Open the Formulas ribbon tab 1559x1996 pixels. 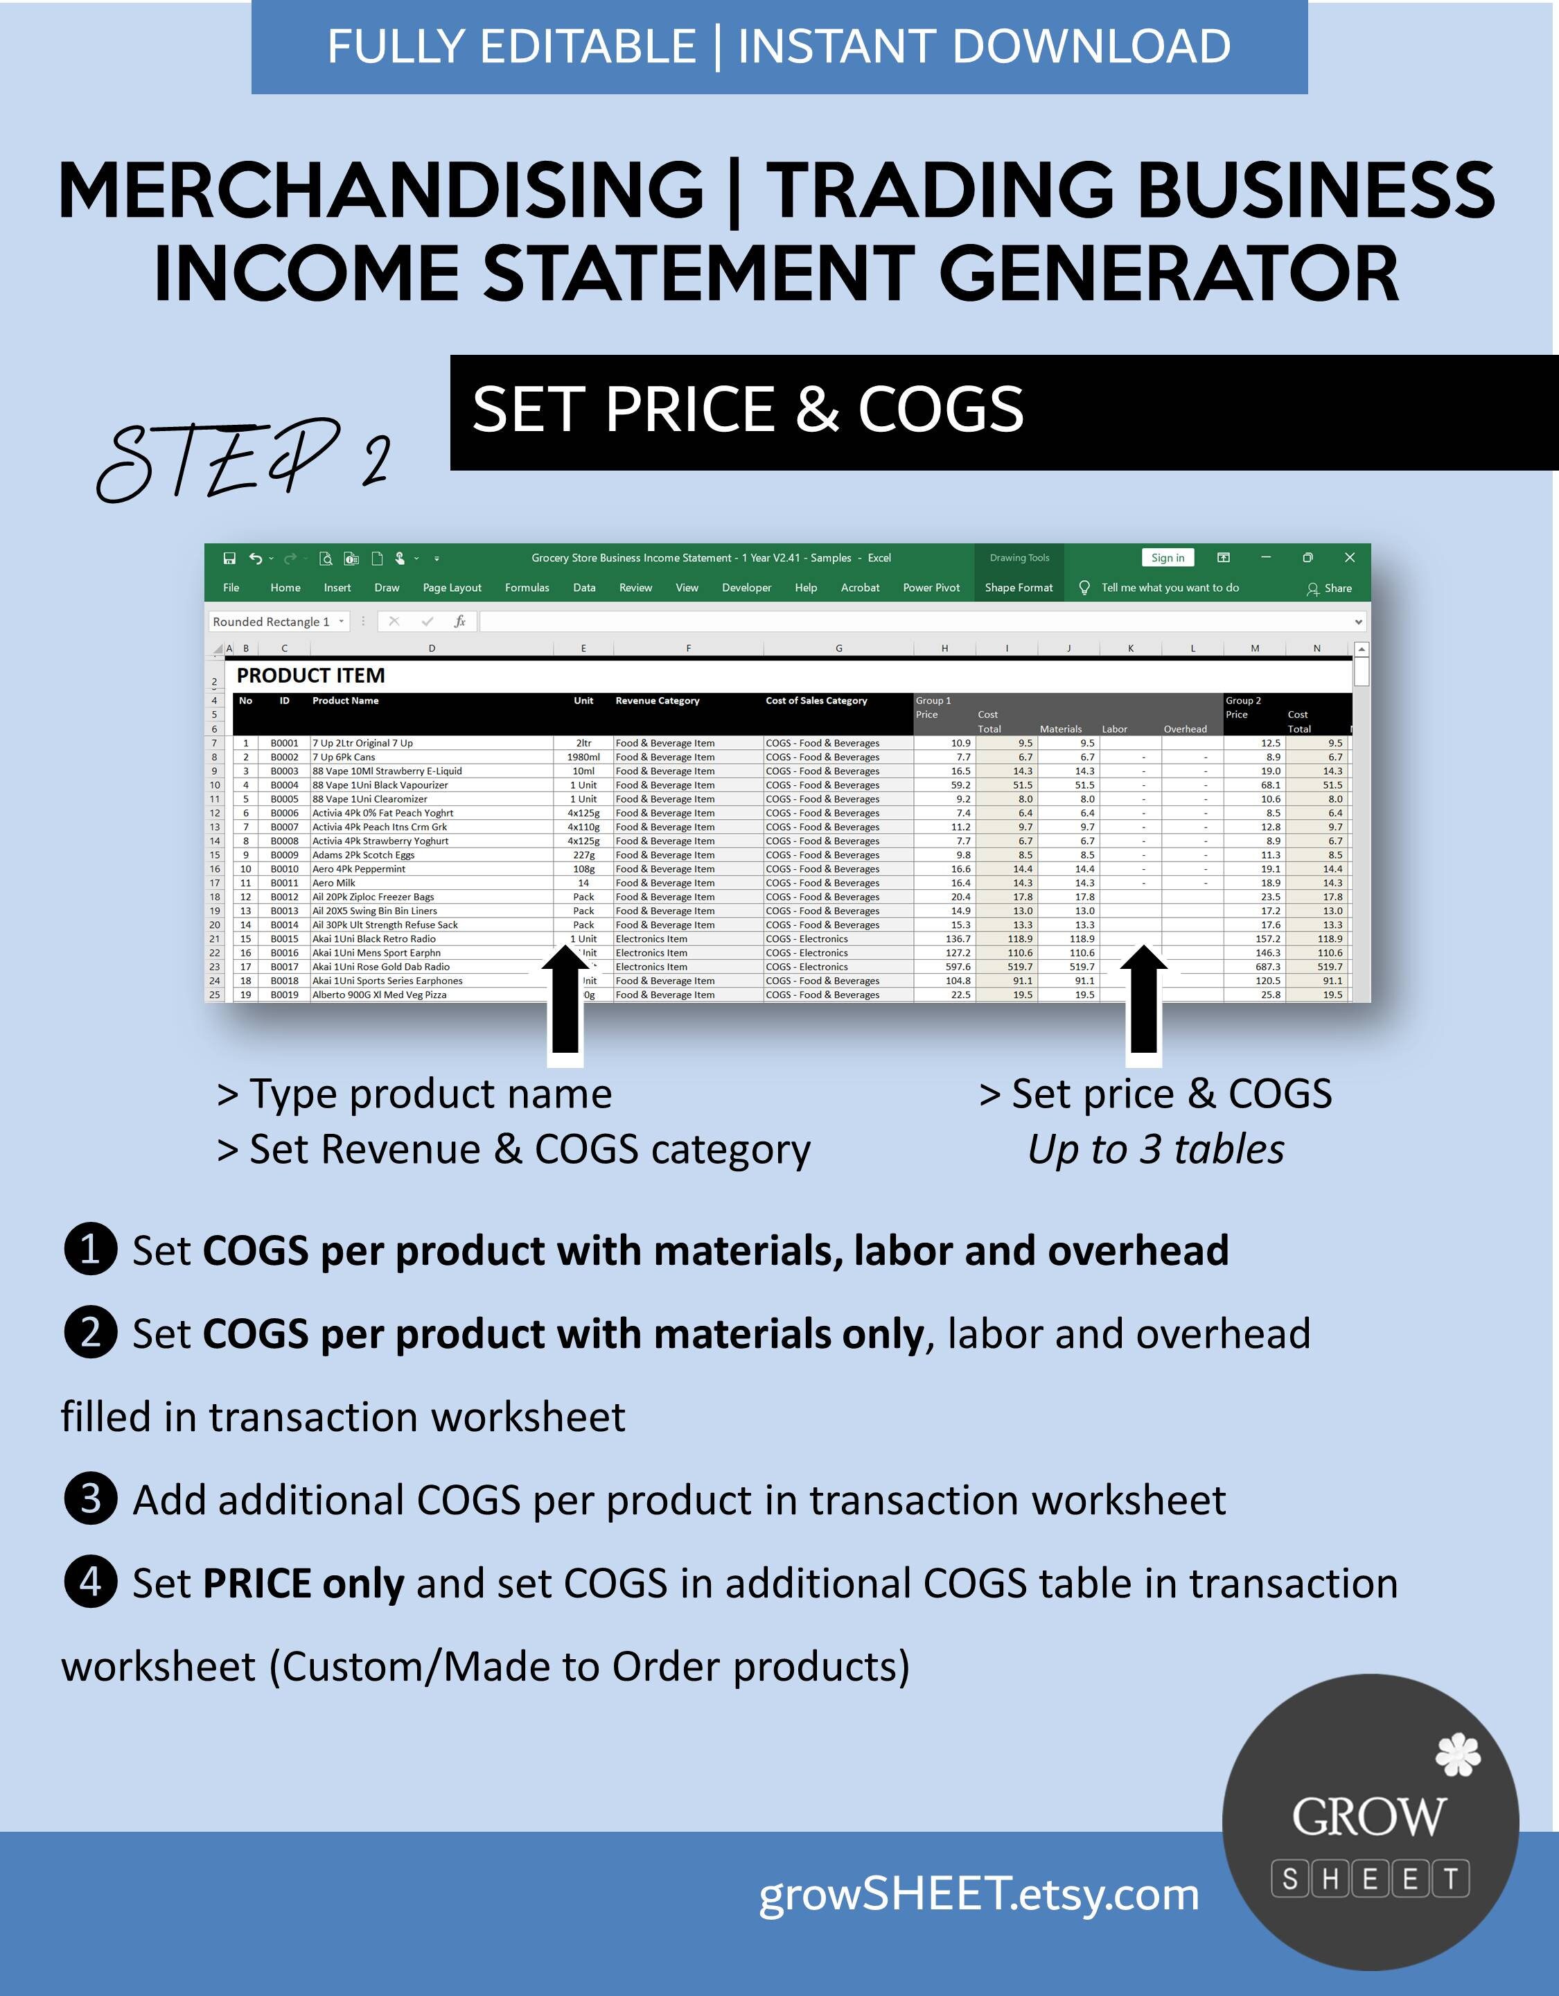pos(527,588)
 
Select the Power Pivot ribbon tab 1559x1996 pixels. pos(931,588)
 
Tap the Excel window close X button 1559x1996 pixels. pos(1350,557)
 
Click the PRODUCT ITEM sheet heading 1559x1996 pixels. pos(310,676)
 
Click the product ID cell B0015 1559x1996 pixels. pos(284,938)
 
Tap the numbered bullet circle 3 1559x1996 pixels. pos(91,1499)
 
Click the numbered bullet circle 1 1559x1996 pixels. pos(91,1250)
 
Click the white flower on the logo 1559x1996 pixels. pos(1459,1755)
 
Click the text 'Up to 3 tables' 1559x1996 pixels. pos(1156,1150)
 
